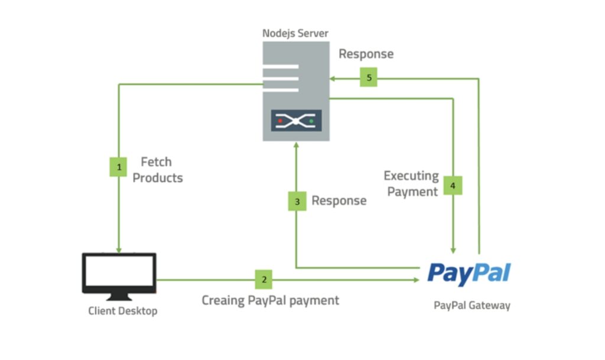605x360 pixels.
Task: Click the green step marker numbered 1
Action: point(119,167)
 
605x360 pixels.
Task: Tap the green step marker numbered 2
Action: point(264,279)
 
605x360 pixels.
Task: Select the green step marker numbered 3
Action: point(297,202)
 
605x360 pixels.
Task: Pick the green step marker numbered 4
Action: point(453,186)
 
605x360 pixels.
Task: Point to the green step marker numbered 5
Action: point(369,77)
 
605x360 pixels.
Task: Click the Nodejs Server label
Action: point(295,32)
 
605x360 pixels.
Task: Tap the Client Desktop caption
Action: point(123,311)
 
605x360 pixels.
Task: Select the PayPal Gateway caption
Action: point(472,306)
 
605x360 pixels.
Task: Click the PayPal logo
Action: point(469,274)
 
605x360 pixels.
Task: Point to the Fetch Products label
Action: point(157,170)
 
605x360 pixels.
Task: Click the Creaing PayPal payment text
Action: point(271,300)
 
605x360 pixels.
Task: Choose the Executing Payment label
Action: point(411,184)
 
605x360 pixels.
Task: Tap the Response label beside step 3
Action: point(339,200)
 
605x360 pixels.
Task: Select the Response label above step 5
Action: point(366,54)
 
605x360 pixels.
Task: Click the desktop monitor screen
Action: point(119,273)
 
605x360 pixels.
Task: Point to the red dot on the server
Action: point(281,121)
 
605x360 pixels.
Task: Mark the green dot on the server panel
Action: point(311,121)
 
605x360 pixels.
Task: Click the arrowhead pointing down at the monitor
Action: point(119,249)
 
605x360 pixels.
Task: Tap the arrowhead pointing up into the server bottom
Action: point(296,145)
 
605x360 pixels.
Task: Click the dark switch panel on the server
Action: point(296,121)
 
